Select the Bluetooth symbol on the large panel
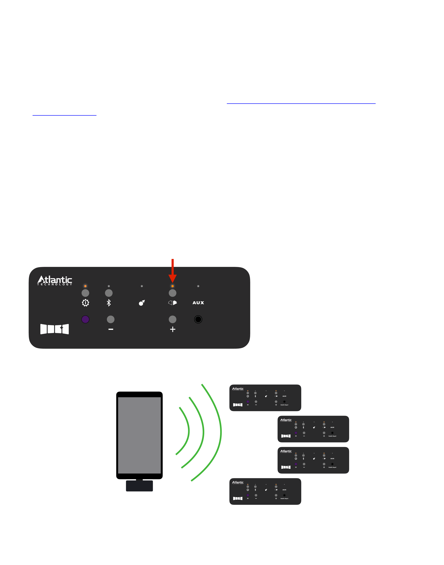[x=109, y=303]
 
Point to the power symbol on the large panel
[x=85, y=303]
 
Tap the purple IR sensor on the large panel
[x=85, y=319]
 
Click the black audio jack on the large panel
[x=198, y=319]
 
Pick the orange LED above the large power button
[x=85, y=286]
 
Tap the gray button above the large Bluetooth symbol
[x=109, y=293]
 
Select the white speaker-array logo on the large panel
[x=55, y=329]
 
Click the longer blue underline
[x=301, y=103]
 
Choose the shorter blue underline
[x=64, y=115]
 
